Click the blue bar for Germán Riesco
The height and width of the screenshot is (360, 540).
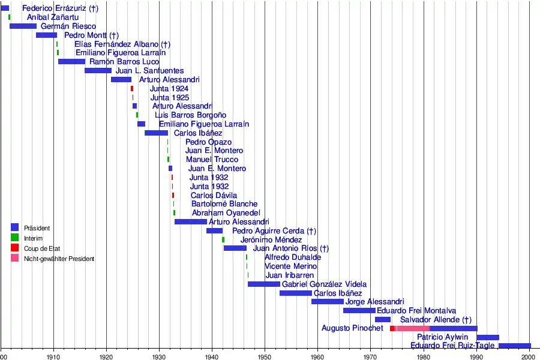click(23, 26)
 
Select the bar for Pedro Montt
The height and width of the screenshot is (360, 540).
click(46, 35)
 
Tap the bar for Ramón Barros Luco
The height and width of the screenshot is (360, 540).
click(71, 62)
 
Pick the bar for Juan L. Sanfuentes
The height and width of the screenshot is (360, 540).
click(98, 71)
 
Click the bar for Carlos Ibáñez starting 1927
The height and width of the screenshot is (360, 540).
click(156, 133)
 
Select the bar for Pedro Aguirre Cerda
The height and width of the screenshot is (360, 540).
click(214, 231)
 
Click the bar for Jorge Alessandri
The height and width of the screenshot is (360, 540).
click(327, 302)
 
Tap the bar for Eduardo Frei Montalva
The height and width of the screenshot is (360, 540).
click(359, 311)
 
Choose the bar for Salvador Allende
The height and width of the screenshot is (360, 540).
click(382, 320)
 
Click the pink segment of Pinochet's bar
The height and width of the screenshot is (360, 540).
click(413, 329)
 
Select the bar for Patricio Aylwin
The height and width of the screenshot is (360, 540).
click(487, 338)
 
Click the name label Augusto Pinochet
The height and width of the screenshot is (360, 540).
click(352, 328)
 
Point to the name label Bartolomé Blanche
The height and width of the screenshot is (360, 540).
click(224, 204)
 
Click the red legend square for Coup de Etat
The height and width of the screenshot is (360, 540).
click(15, 248)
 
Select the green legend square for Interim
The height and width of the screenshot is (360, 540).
click(15, 238)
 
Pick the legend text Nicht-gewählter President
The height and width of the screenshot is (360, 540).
click(59, 259)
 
